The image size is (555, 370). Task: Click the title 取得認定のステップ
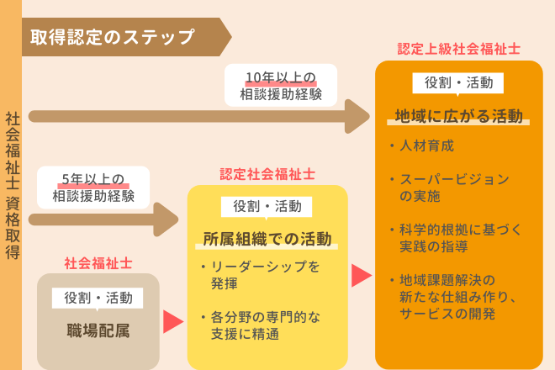coord(112,37)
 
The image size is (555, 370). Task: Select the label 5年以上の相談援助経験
coord(92,188)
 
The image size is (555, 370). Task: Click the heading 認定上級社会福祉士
coord(458,49)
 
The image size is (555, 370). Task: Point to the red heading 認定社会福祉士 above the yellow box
coord(267,174)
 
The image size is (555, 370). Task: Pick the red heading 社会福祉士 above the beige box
coord(98,262)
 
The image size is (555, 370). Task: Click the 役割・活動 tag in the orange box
coord(458,82)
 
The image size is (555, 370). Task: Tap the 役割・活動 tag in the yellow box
coord(267,206)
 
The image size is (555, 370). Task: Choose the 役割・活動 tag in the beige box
coord(98,297)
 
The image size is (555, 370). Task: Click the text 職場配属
coord(98,330)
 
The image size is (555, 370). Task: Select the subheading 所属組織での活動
coord(267,238)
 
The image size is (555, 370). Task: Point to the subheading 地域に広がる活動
coord(459,115)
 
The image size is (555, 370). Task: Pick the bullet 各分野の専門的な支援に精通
coord(263,326)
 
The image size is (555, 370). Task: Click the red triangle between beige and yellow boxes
coord(172,320)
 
